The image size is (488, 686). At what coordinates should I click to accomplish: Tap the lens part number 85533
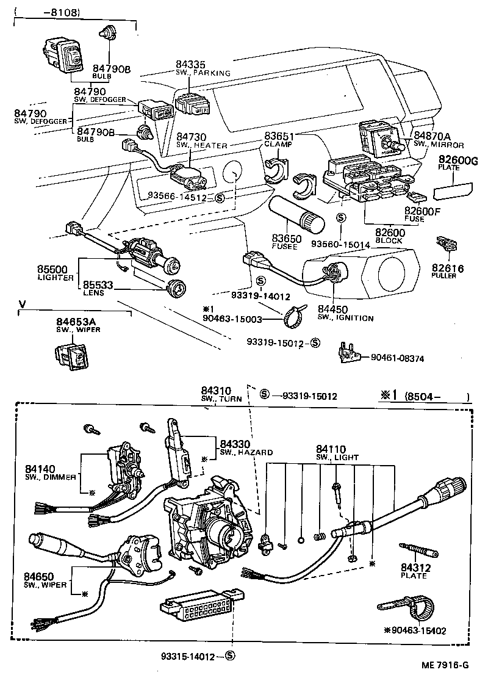tap(99, 284)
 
